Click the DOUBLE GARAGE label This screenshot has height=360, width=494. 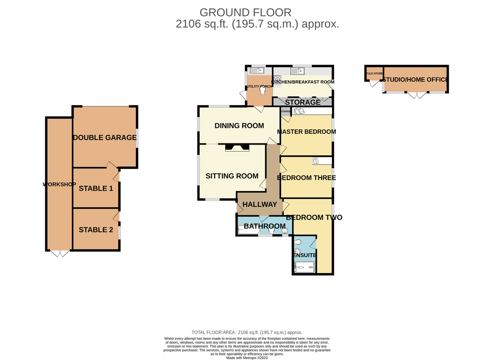click(105, 138)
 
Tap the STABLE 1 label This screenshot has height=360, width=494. click(96, 189)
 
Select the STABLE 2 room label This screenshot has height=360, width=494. click(96, 230)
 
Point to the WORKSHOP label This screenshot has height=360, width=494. click(59, 184)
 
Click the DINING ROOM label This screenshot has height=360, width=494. click(239, 126)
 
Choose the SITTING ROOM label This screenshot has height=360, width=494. click(232, 176)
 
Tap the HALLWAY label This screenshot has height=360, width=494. click(260, 204)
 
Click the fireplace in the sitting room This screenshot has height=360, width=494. click(237, 147)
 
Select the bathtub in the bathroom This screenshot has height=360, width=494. click(249, 230)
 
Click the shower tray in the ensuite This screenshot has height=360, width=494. click(305, 267)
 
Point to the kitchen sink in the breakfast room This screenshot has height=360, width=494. click(297, 71)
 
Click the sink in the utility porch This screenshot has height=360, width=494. click(257, 70)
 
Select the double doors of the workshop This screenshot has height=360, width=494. click(60, 254)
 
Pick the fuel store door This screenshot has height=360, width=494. click(375, 84)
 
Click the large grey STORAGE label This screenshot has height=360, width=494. click(303, 102)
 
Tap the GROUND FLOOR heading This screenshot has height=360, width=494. click(245, 13)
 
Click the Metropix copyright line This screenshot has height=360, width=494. click(247, 358)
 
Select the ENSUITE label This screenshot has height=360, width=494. click(305, 255)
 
